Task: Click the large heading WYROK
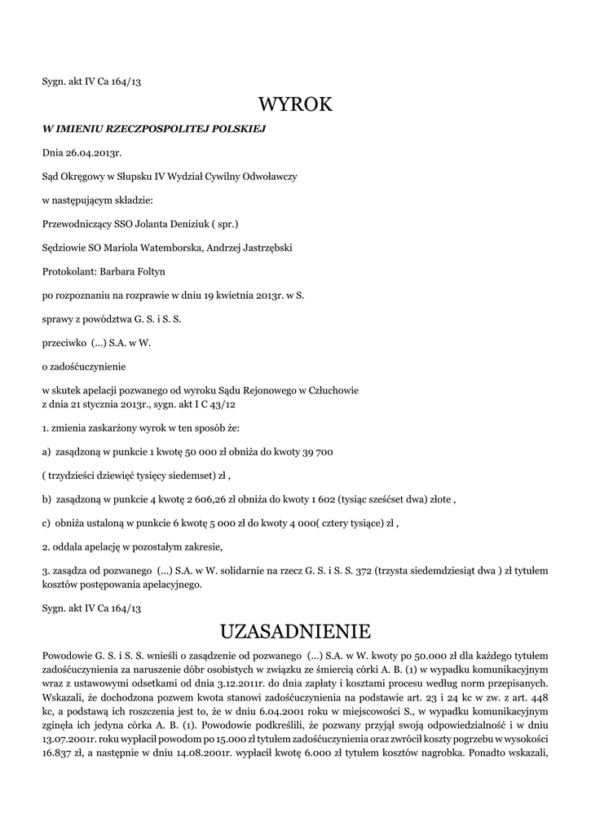[x=295, y=105]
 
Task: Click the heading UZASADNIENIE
[x=295, y=631]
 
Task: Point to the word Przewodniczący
[x=79, y=223]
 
